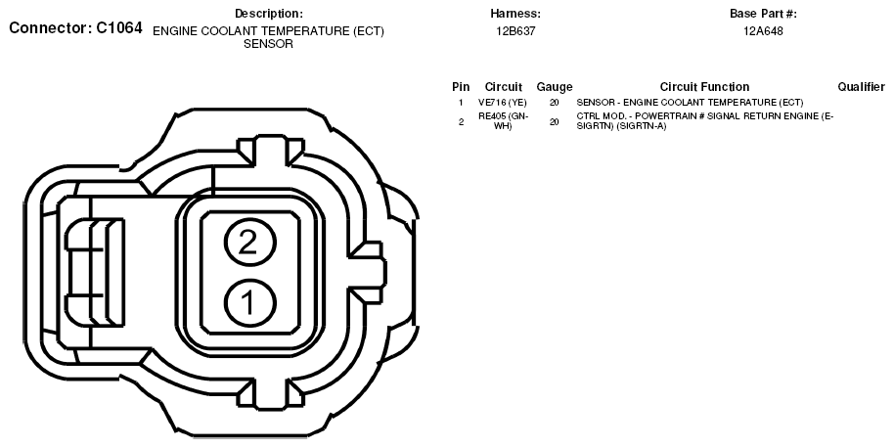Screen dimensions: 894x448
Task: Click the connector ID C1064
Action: [119, 28]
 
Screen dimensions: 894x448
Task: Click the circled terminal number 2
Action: [249, 243]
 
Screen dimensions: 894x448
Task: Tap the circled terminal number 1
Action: [249, 302]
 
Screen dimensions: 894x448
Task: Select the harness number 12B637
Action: [515, 31]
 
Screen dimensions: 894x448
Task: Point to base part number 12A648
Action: [763, 31]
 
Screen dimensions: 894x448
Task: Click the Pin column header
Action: [461, 87]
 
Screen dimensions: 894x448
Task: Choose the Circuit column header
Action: [504, 87]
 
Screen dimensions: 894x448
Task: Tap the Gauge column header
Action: [555, 87]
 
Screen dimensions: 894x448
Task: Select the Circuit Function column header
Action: [704, 87]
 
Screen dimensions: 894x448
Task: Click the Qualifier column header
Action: [861, 87]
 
